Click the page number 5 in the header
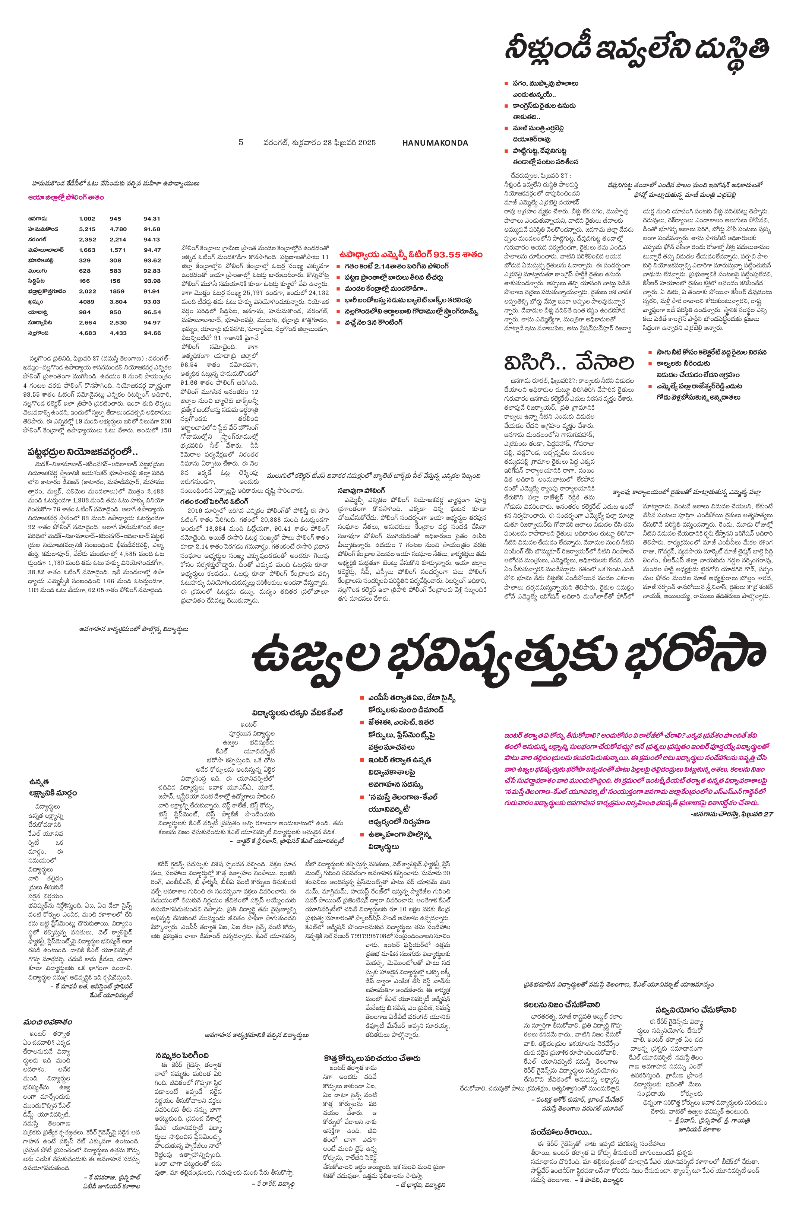[241, 143]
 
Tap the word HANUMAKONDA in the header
[435, 143]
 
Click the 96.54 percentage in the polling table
[152, 312]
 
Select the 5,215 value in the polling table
[88, 229]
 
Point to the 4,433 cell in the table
[118, 333]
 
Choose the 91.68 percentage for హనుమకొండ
[152, 229]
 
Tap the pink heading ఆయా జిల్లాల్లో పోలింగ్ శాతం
[66, 197]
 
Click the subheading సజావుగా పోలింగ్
[361, 490]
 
